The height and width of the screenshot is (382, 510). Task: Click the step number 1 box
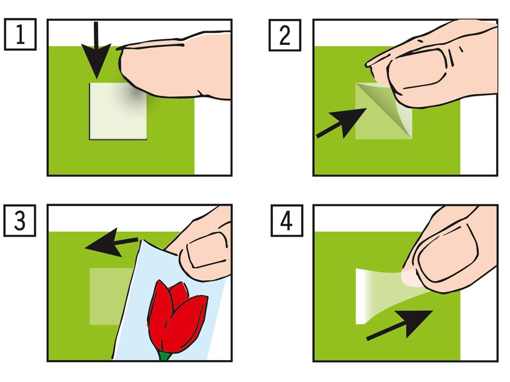20,35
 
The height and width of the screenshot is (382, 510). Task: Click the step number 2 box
285,35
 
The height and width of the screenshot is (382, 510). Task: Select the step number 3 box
20,221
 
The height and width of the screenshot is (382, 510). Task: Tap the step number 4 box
287,221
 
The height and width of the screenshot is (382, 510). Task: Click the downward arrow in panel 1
96,50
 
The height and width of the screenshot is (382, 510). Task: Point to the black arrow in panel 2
341,123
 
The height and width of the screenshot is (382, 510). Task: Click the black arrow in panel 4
399,325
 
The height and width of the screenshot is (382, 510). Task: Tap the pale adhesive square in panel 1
118,111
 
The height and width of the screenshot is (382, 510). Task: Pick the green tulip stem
165,355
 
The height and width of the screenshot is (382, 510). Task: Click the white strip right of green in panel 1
213,137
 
